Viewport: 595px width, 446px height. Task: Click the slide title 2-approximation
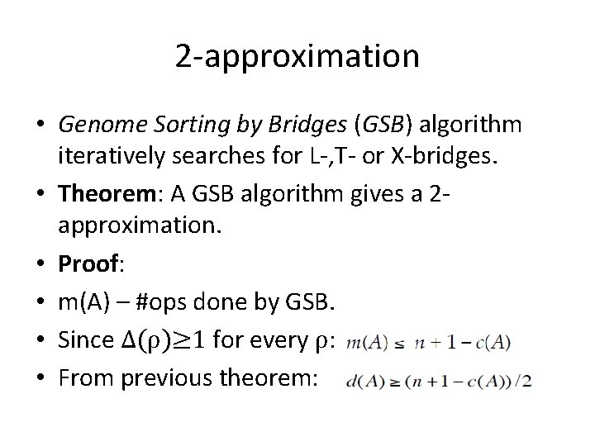[x=297, y=56]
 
